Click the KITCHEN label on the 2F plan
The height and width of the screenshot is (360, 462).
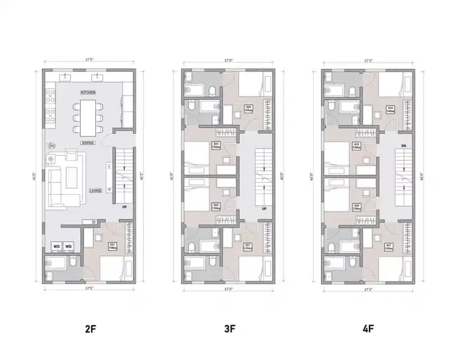[x=88, y=93]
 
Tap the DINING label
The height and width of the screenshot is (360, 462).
[x=88, y=143]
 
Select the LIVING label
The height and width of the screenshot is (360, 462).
[x=95, y=191]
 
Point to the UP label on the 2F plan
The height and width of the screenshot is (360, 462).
[x=124, y=207]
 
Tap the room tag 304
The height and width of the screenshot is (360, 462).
[x=249, y=108]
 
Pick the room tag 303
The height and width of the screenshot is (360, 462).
[x=215, y=145]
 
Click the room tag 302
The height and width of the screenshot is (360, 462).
[x=215, y=207]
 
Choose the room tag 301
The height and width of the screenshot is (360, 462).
[x=248, y=247]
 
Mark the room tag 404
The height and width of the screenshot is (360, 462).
[x=390, y=108]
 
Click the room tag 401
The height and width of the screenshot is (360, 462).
[x=389, y=247]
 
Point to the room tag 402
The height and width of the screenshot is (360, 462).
[x=356, y=207]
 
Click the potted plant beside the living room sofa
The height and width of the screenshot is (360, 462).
[x=50, y=146]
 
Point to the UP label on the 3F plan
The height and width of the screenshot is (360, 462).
[x=263, y=208]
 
